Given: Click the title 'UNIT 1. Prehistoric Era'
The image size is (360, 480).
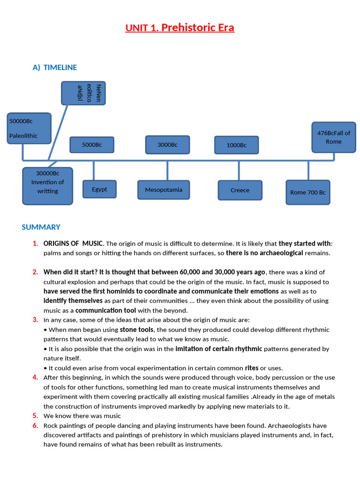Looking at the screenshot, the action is (180, 28).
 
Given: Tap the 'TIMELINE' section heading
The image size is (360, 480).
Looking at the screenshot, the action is (60, 67).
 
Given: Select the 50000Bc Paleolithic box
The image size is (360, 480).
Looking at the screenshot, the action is (29, 128).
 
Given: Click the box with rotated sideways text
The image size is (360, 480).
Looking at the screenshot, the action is (83, 93).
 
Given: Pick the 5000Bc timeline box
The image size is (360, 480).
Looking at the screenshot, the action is (92, 145).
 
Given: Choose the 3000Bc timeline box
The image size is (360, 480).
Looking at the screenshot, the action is (167, 145).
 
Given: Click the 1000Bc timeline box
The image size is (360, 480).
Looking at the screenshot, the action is (236, 145).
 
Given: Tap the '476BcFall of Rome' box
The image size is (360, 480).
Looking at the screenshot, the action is (334, 137).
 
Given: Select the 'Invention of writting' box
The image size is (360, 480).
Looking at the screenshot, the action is (47, 186).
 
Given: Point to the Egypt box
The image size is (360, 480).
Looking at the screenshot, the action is (99, 189).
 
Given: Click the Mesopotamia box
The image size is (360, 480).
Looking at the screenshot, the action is (164, 190).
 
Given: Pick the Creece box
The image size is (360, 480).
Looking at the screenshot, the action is (240, 190).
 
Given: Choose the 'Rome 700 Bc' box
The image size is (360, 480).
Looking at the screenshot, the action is (307, 192).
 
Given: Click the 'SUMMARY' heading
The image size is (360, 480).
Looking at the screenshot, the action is (41, 227).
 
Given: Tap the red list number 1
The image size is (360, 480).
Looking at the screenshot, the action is (36, 243).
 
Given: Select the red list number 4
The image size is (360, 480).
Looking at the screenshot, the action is (36, 377).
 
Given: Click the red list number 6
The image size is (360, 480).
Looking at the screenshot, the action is (36, 426).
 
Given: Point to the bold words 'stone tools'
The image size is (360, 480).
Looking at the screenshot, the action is (136, 330).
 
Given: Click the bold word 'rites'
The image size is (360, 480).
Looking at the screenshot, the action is (252, 368).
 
